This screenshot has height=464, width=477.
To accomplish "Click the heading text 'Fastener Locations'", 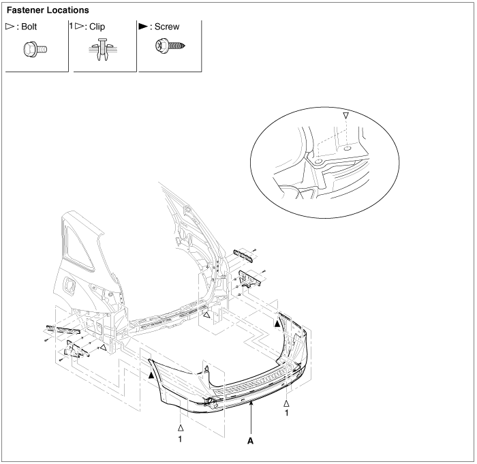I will click(x=48, y=11).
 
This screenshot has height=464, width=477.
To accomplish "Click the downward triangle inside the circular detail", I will click(x=346, y=117).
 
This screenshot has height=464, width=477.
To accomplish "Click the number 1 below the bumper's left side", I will click(x=181, y=439).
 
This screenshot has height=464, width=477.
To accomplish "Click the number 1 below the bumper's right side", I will click(x=287, y=412).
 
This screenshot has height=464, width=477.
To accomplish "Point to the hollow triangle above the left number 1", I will click(x=181, y=428).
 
